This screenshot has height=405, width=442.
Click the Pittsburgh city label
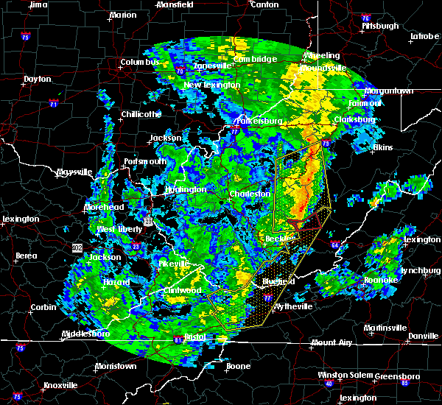tap(379, 26)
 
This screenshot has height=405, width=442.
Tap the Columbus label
tap(140, 62)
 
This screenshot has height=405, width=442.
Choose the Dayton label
tap(37, 79)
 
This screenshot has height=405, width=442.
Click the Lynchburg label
tap(420, 270)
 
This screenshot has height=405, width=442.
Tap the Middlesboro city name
tap(85, 334)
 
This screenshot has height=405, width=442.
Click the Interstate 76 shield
tap(365, 18)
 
